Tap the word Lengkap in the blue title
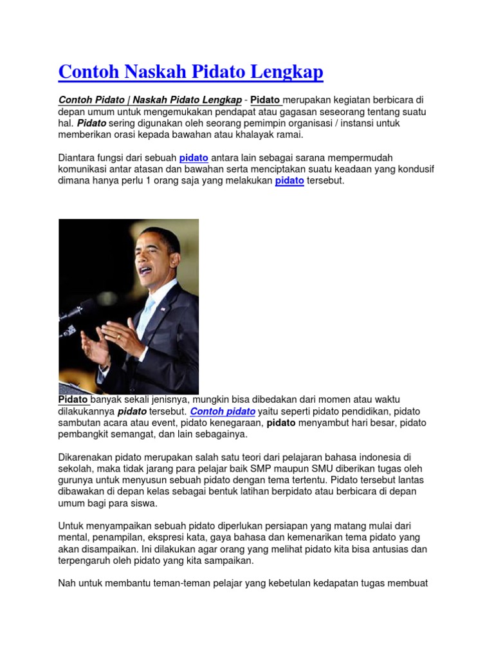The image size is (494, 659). pyautogui.click(x=286, y=71)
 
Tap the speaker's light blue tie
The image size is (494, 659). pyautogui.click(x=147, y=315)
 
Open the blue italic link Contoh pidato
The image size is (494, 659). pyautogui.click(x=223, y=411)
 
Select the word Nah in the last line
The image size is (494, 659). pyautogui.click(x=67, y=584)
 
